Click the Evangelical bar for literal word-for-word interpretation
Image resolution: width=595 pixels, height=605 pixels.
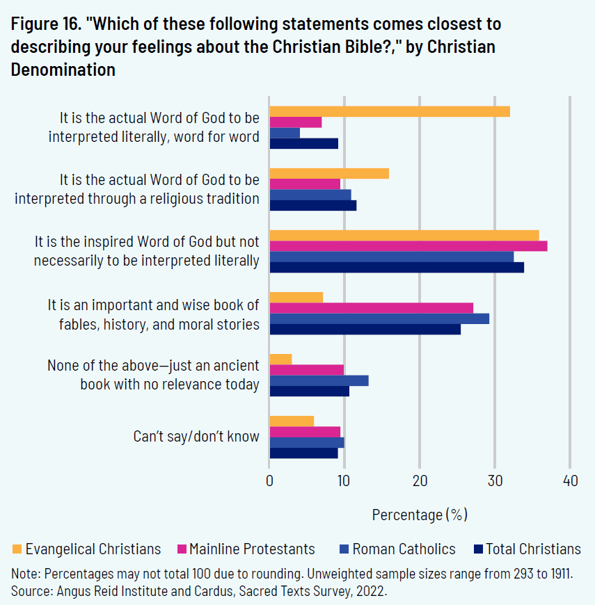(390, 111)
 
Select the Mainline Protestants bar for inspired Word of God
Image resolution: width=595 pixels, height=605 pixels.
(408, 245)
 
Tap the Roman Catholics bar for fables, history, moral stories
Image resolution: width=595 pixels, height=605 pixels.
(379, 318)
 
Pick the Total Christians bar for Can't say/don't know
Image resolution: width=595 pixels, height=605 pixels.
(303, 453)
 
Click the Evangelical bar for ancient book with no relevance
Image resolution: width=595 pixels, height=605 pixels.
(280, 359)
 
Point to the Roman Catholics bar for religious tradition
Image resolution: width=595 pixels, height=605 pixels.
(310, 195)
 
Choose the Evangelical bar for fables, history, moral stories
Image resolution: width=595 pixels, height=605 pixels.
(296, 298)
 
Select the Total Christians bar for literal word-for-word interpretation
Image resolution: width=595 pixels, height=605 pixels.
(303, 143)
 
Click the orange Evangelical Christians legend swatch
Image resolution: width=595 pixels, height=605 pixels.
(17, 549)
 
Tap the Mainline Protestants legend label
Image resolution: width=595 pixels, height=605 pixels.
(252, 549)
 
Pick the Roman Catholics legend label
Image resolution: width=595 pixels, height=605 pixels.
(404, 549)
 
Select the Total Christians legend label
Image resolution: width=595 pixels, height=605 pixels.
(533, 549)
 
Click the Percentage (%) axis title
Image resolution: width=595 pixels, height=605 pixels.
(420, 515)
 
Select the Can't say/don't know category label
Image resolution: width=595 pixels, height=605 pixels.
(196, 437)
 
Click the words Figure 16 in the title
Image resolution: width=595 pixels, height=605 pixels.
(44, 24)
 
